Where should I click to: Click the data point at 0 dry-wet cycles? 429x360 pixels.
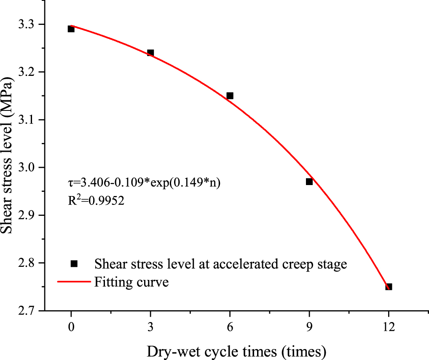[71, 29]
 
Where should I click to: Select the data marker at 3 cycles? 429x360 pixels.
[150, 53]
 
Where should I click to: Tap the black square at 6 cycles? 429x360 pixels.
[230, 96]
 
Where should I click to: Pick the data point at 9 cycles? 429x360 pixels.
[309, 182]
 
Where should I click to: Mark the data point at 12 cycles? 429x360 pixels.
[389, 287]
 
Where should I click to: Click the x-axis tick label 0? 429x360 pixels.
[71, 326]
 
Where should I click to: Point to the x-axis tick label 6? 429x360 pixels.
[230, 326]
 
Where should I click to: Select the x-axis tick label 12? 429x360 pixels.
[389, 326]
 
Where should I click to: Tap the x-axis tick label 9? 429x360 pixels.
[309, 326]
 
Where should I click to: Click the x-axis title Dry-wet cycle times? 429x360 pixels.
[236, 350]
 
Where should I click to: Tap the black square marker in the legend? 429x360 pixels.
[74, 263]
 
